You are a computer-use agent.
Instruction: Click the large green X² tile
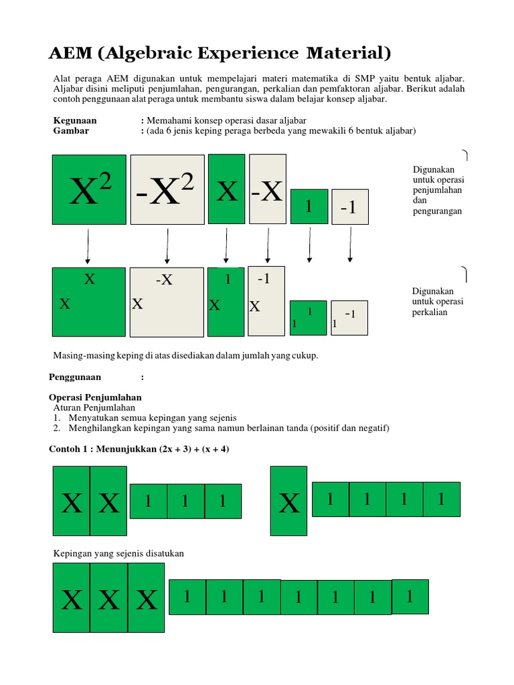pos(89,189)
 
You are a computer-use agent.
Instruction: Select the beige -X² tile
pos(167,190)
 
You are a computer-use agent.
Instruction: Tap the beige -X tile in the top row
pos(267,189)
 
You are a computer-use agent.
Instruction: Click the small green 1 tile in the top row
pos(309,206)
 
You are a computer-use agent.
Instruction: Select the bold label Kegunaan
pos(74,120)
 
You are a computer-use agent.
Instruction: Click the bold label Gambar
pos(70,131)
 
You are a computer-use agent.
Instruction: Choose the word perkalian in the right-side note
pos(430,312)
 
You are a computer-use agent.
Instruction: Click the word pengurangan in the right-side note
pos(438,211)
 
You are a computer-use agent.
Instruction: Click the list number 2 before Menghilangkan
pos(58,428)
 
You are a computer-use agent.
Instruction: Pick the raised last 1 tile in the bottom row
pos(410,596)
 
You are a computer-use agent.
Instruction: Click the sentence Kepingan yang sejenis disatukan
pos(118,553)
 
